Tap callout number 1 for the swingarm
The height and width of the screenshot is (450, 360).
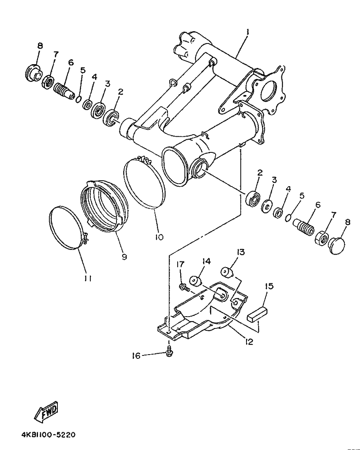(248, 32)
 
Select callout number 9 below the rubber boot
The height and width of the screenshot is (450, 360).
(124, 256)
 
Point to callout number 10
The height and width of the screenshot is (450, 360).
(159, 237)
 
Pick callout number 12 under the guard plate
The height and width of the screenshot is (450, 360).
(249, 342)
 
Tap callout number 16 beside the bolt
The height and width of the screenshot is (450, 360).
(136, 356)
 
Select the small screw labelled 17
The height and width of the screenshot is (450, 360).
(184, 287)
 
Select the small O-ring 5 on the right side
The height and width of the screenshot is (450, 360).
(288, 218)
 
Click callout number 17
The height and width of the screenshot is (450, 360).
(180, 264)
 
